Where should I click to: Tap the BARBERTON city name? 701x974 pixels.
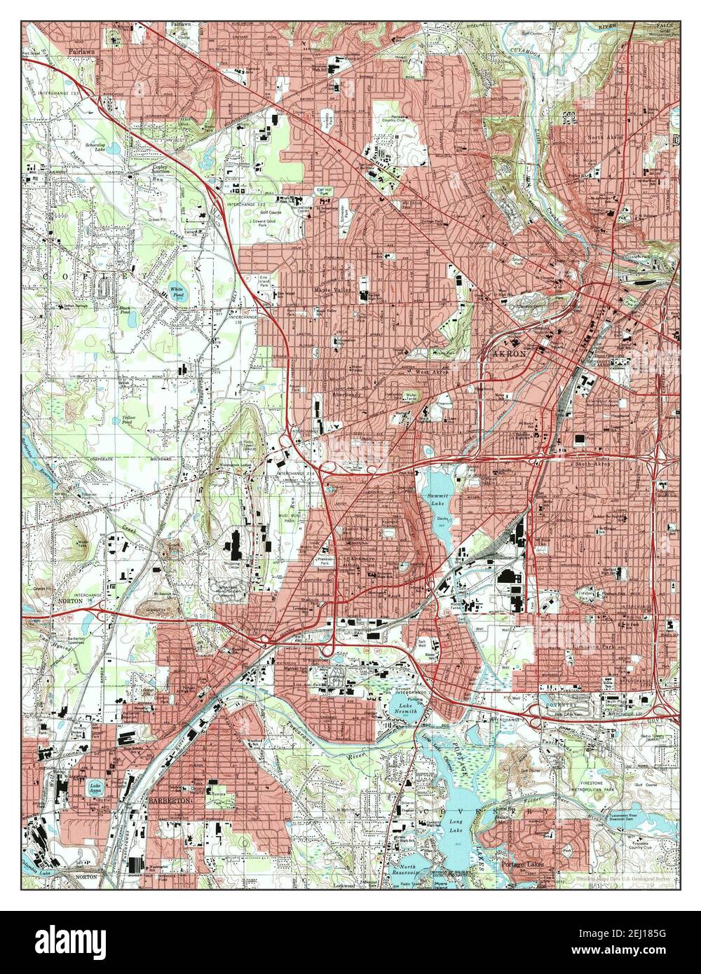(x=167, y=800)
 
